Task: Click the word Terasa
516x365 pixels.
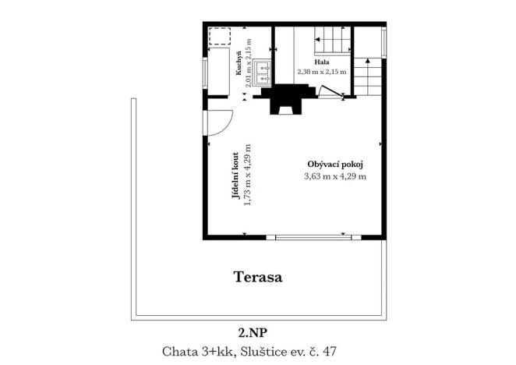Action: coord(257,276)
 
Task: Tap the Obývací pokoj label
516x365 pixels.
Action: coord(335,165)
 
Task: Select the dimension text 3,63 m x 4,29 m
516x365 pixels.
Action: coord(335,176)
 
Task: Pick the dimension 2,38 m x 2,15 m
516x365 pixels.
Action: coord(321,71)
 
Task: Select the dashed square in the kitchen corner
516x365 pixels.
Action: coord(221,39)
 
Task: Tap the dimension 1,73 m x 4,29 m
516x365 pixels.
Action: coord(247,176)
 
